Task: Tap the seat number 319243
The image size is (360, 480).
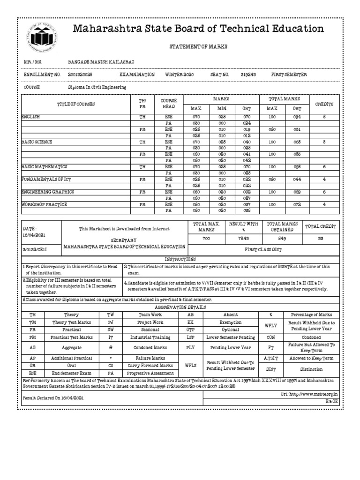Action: pyautogui.click(x=248, y=75)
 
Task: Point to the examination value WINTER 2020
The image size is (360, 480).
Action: pyautogui.click(x=180, y=75)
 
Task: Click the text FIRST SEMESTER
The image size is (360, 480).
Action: pyautogui.click(x=289, y=75)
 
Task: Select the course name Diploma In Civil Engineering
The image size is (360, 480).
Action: pyautogui.click(x=97, y=87)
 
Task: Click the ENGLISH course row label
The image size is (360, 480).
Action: pyautogui.click(x=30, y=116)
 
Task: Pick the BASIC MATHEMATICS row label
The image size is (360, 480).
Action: pyautogui.click(x=45, y=166)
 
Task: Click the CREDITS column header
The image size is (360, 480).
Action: pyautogui.click(x=324, y=104)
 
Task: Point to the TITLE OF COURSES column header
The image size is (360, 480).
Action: pyautogui.click(x=75, y=104)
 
